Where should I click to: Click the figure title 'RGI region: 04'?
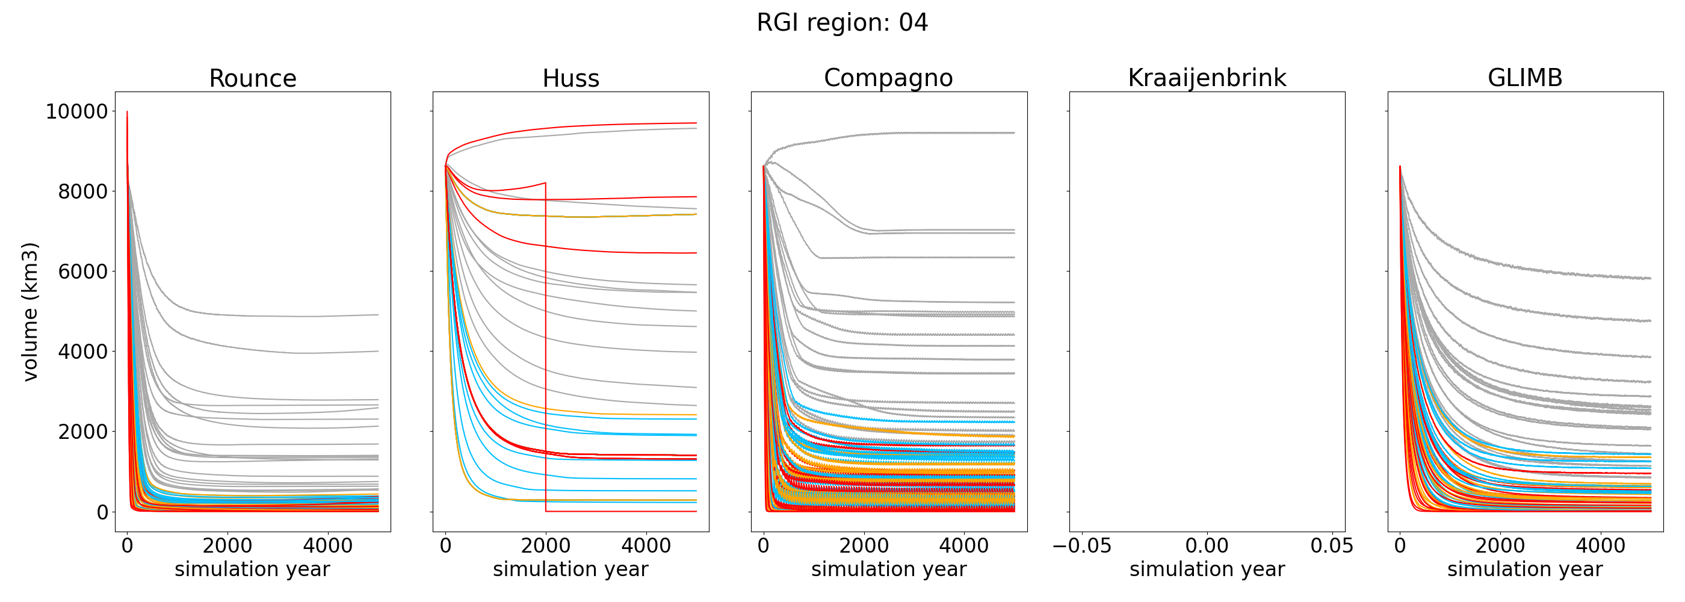(842, 23)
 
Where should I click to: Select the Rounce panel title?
(253, 78)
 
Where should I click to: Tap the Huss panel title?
(570, 78)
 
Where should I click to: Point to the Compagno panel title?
(888, 78)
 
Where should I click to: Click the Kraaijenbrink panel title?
(1207, 78)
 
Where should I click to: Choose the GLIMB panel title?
(1525, 78)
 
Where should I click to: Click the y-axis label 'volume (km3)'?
(30, 311)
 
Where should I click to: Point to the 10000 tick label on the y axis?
(76, 112)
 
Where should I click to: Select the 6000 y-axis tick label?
(83, 272)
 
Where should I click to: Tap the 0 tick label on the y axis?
(102, 512)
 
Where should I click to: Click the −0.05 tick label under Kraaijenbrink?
(1082, 546)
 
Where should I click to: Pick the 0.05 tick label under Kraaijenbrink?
(1332, 546)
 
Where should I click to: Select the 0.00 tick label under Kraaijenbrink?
(1207, 546)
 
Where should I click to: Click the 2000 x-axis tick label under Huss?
(546, 546)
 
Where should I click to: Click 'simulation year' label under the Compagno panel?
(888, 569)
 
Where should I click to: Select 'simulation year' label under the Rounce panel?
(253, 569)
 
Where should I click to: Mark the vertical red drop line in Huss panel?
(546, 347)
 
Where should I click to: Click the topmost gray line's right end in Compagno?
(1013, 133)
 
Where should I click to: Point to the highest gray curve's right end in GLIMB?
(1649, 279)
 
